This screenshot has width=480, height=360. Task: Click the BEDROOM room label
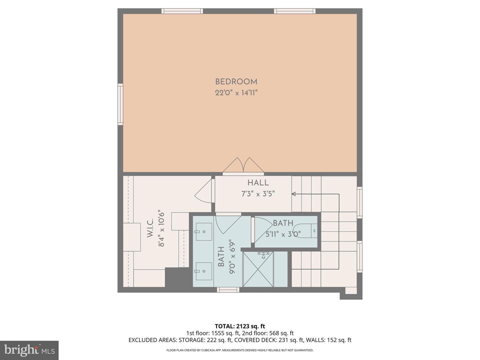click(236, 82)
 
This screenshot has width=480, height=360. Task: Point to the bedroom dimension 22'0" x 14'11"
click(236, 93)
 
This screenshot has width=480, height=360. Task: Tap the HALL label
click(258, 183)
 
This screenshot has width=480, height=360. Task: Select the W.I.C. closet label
click(150, 228)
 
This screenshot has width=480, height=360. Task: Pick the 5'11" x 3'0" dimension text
click(283, 234)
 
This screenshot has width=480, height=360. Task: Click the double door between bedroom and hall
click(243, 166)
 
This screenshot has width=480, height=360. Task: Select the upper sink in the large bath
click(204, 232)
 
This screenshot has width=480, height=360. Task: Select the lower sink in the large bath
click(204, 271)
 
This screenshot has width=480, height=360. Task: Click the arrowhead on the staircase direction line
click(294, 194)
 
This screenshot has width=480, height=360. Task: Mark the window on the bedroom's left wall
click(120, 104)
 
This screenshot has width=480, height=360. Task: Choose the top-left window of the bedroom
click(182, 11)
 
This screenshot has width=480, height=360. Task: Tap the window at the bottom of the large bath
click(228, 290)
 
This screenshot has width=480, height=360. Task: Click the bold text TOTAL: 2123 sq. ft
click(240, 326)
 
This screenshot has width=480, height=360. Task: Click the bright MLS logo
click(29, 350)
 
